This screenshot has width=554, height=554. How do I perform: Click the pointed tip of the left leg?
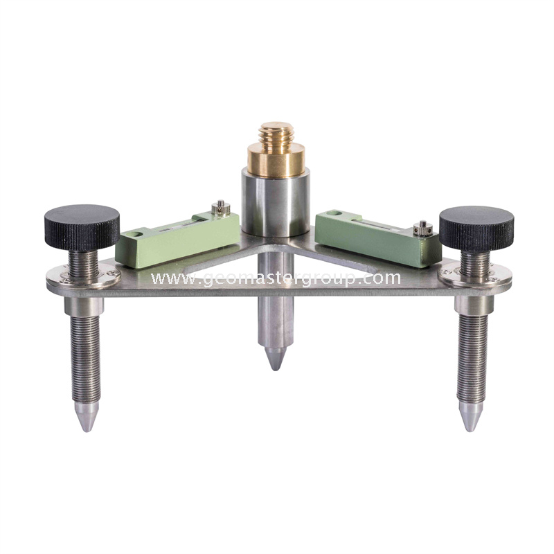pyautogui.click(x=86, y=424)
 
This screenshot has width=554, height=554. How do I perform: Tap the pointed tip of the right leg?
pyautogui.click(x=469, y=423)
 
